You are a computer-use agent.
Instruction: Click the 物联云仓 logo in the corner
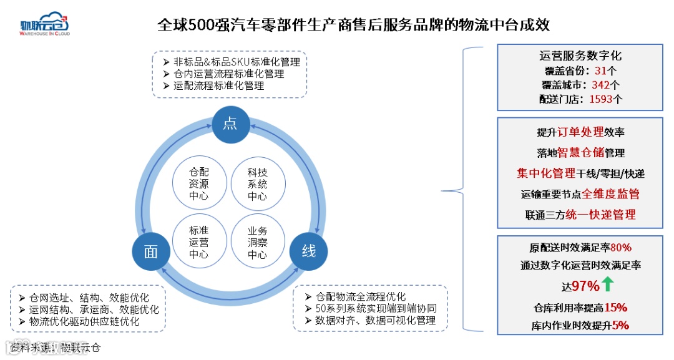click(45, 24)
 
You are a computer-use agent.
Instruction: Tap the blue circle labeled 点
click(230, 123)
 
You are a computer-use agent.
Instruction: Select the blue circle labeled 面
click(151, 251)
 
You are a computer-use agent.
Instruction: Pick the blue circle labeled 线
click(308, 251)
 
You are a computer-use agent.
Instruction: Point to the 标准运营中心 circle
click(198, 243)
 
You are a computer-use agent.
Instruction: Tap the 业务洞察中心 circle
click(257, 243)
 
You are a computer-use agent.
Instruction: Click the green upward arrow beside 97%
click(608, 285)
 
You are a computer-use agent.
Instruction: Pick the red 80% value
click(625, 248)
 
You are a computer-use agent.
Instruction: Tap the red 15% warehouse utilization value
click(615, 308)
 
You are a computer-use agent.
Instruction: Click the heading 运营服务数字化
click(580, 56)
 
